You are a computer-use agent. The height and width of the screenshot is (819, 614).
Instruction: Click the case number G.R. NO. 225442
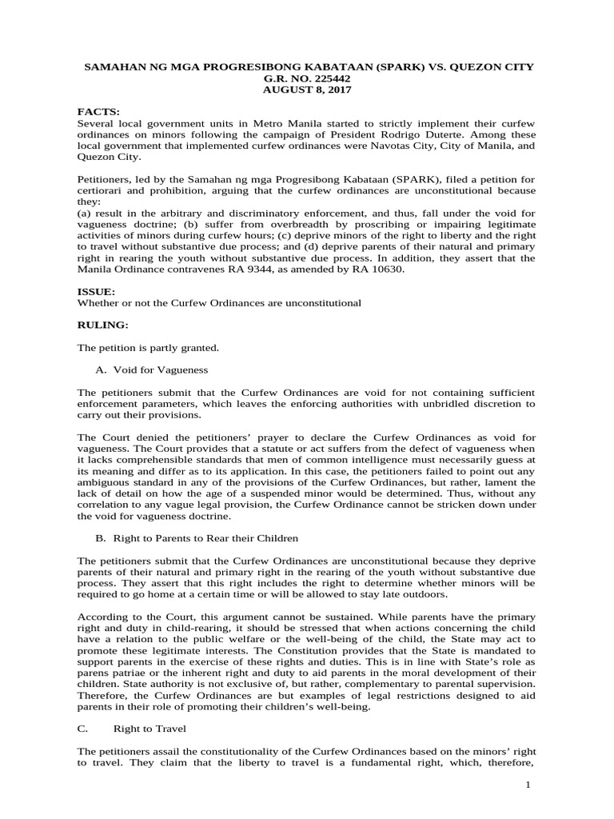[307, 78]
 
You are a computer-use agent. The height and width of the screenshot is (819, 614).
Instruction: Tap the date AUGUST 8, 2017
[307, 90]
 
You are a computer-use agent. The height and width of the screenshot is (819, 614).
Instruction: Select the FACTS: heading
[98, 113]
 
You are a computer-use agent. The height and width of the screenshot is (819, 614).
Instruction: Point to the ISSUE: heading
[96, 292]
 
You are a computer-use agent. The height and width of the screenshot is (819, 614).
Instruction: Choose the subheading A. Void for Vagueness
[151, 370]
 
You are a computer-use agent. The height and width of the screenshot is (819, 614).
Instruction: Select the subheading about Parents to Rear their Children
[197, 538]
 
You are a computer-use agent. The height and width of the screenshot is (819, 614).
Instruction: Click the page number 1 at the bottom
[528, 787]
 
